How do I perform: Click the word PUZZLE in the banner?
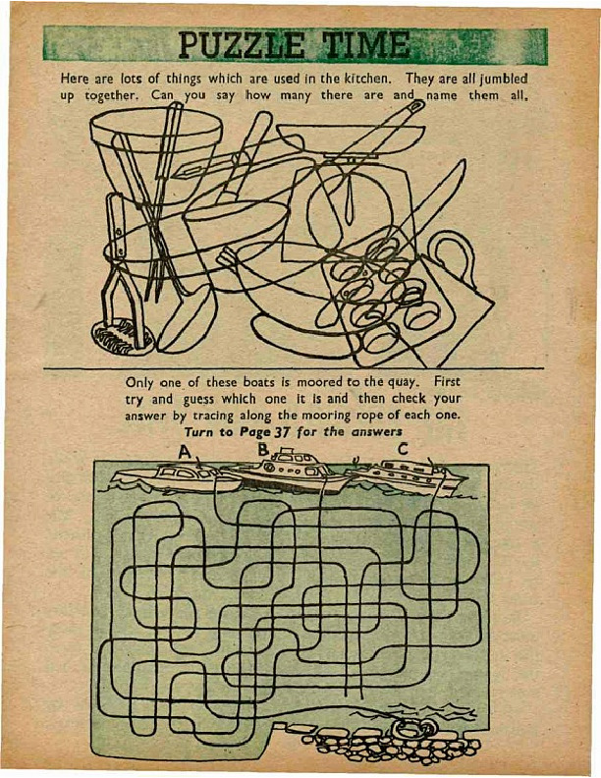(242, 45)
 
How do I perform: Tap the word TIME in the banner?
(366, 45)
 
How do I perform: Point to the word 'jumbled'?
(503, 80)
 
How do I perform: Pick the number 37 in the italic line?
(282, 431)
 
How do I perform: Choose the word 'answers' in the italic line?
(377, 431)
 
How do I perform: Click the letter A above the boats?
(185, 452)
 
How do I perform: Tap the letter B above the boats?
(263, 450)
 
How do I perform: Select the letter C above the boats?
(403, 450)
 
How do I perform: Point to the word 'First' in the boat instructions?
(447, 382)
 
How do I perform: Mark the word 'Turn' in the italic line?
(198, 432)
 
